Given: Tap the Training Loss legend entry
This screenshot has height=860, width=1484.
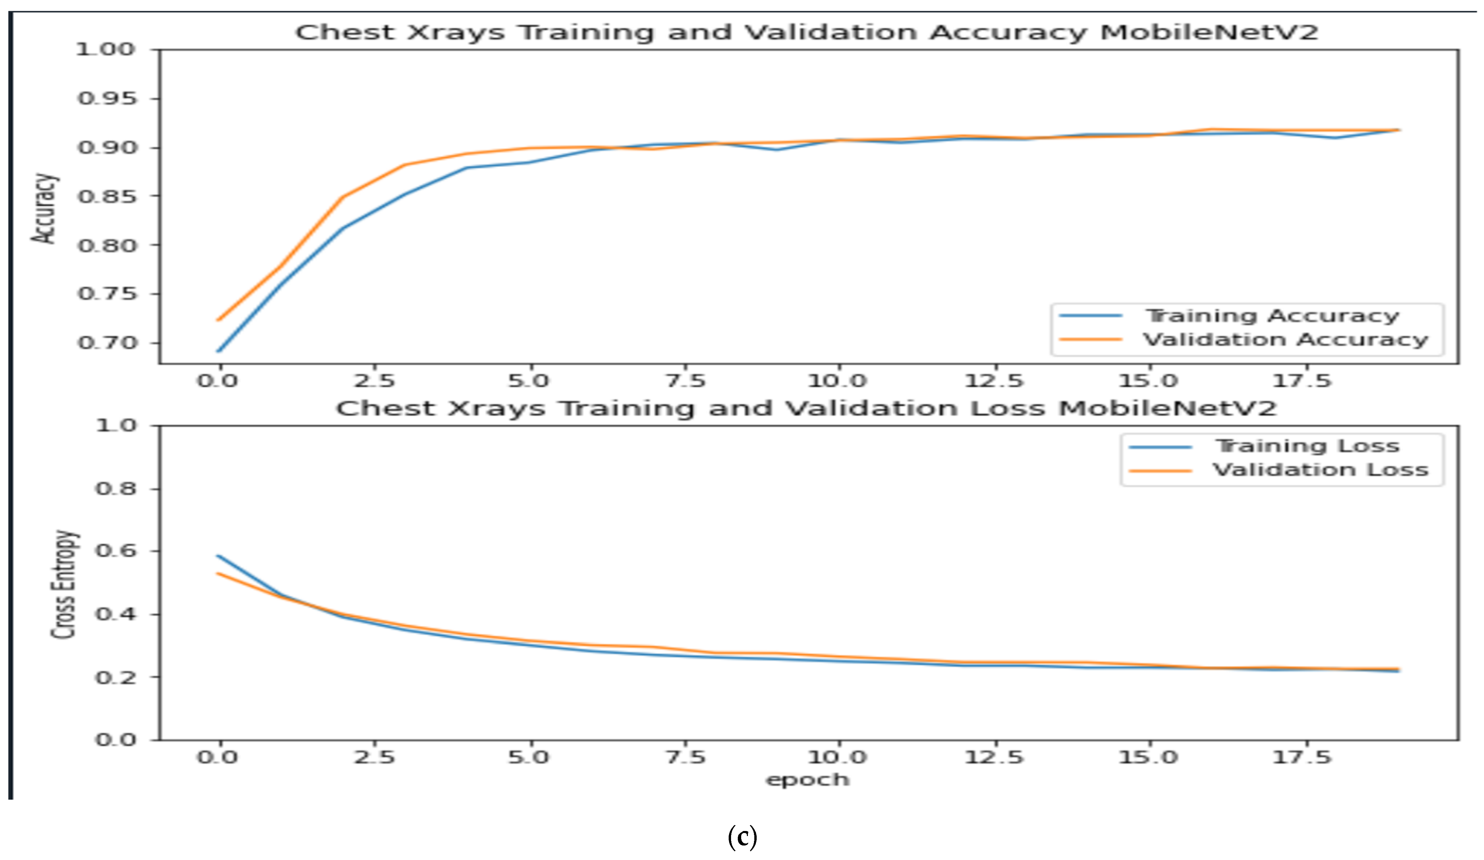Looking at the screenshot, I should (x=1307, y=446).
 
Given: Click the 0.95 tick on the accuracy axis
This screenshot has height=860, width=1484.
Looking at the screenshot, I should (x=107, y=99).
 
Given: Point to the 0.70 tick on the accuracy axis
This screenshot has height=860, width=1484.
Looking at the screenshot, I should (x=107, y=343).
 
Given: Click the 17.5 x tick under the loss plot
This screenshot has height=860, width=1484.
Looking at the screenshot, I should (x=1301, y=757).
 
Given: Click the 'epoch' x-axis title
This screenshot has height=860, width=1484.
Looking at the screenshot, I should (x=807, y=780).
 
